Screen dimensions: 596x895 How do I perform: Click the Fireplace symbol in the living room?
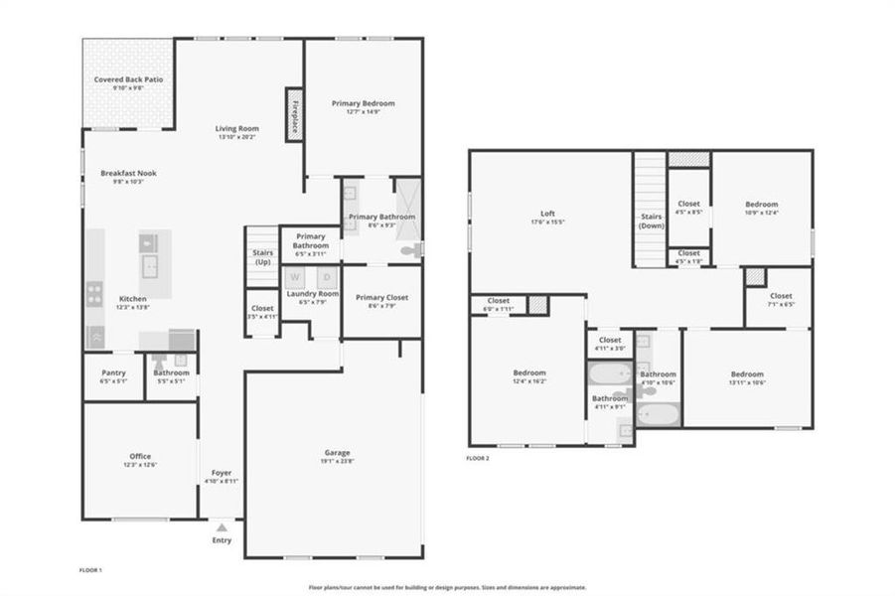click(294, 114)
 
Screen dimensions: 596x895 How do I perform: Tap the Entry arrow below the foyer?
click(222, 527)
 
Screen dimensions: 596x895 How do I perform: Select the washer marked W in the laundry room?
click(294, 277)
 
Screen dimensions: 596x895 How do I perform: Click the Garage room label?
click(338, 452)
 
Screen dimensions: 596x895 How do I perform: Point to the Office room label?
click(140, 457)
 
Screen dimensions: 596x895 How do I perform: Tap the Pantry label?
click(113, 372)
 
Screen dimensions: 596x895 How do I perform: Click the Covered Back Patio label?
click(128, 79)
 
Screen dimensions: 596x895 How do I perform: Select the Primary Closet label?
click(382, 298)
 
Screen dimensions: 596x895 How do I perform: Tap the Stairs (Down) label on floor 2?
click(651, 221)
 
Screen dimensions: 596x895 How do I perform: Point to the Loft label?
click(547, 214)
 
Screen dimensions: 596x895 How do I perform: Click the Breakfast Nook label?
click(128, 174)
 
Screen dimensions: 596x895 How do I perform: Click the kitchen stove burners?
click(95, 294)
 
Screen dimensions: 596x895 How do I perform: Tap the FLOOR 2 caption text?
click(477, 458)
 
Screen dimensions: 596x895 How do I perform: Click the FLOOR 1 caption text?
click(90, 570)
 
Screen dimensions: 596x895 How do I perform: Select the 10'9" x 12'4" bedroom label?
click(762, 205)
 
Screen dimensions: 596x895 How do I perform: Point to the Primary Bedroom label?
click(364, 103)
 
